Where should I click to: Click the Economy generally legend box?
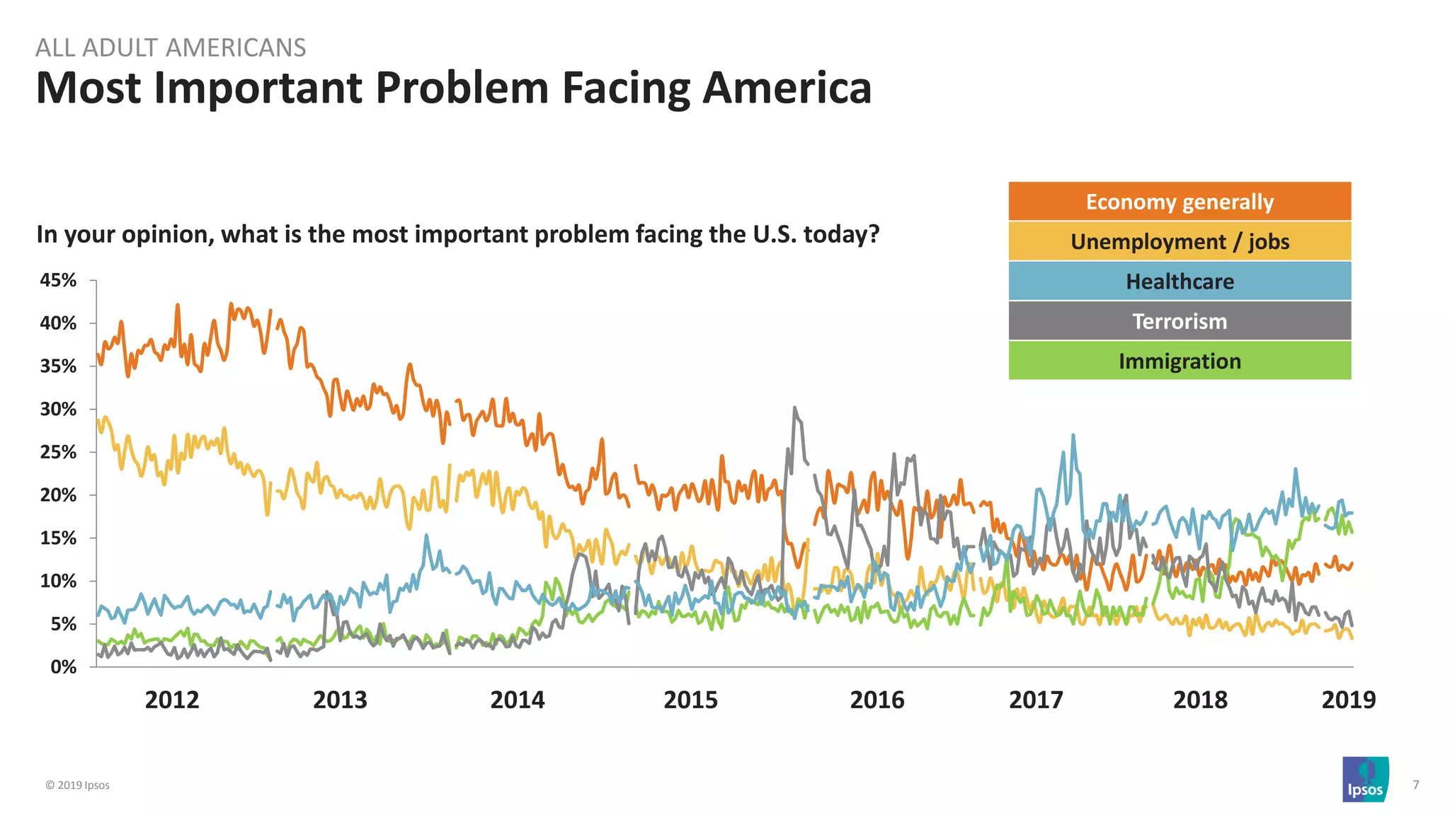click(x=1180, y=202)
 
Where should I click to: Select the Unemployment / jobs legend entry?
click(x=1180, y=241)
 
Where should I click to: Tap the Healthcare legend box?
click(x=1180, y=282)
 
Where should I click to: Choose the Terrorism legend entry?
click(x=1180, y=321)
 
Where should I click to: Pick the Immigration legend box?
click(x=1180, y=361)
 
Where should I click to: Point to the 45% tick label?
click(x=58, y=280)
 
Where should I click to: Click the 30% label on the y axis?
click(x=58, y=409)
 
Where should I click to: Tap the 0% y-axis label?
click(x=63, y=666)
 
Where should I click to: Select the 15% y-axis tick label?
click(x=58, y=538)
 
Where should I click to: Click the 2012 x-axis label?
click(x=172, y=700)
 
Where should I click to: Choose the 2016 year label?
click(x=877, y=700)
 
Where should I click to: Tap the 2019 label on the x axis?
click(x=1348, y=700)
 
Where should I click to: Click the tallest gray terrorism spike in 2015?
click(x=794, y=408)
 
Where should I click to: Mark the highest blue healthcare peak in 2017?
click(x=1073, y=436)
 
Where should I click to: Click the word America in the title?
click(x=787, y=88)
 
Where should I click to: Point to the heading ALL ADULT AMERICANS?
click(x=171, y=47)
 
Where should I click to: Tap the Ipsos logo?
click(x=1365, y=779)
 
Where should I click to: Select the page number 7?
click(x=1415, y=785)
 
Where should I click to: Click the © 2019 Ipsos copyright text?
click(x=78, y=785)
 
